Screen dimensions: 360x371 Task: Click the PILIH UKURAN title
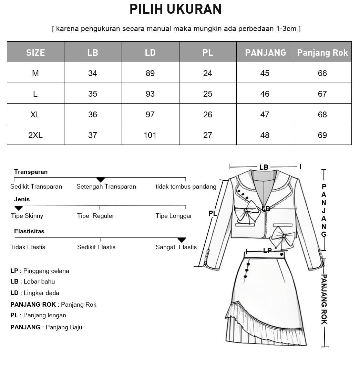[175, 9]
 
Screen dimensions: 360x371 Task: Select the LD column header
[150, 52]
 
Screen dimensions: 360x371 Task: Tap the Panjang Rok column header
[322, 52]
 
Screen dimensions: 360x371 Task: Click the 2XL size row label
[35, 135]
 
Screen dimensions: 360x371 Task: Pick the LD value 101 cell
[150, 135]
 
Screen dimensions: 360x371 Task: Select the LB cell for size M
[93, 73]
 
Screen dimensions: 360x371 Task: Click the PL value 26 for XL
[208, 115]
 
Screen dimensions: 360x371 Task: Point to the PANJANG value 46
[265, 94]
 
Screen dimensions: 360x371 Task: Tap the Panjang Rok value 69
[322, 135]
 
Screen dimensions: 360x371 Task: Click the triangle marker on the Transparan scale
[101, 180]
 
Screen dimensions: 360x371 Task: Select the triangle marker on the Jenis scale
[19, 208]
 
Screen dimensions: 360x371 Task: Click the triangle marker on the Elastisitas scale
[182, 240]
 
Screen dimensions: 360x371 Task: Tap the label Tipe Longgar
[174, 216]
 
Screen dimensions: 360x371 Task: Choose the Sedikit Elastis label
[96, 247]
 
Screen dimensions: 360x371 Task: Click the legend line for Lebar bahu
[33, 282]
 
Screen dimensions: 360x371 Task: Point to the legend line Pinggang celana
[40, 271]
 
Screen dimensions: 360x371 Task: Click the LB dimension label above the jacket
[264, 167]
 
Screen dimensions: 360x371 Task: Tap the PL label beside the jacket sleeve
[213, 213]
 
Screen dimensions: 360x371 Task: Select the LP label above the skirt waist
[267, 251]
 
